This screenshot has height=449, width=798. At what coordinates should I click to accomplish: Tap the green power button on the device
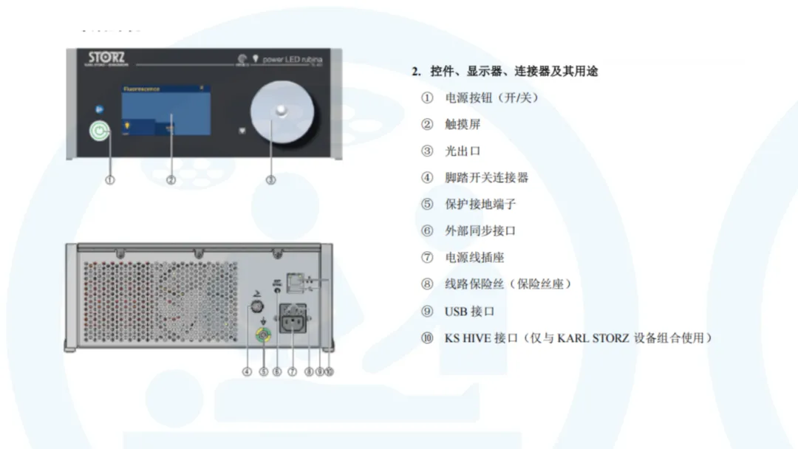(x=99, y=131)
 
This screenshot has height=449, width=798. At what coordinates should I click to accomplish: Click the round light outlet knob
(x=281, y=112)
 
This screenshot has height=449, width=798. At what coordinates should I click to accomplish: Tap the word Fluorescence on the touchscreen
(x=141, y=89)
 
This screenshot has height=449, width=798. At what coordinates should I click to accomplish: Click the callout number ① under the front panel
(x=110, y=179)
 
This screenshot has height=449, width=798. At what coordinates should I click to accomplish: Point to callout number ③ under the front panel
(x=270, y=179)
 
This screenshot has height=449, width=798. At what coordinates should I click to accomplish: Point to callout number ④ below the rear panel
(x=248, y=371)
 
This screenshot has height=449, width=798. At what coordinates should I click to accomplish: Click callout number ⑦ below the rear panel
(x=293, y=371)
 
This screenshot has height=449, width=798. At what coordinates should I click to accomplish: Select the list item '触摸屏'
(x=463, y=125)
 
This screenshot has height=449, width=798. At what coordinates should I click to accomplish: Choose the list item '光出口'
(x=463, y=151)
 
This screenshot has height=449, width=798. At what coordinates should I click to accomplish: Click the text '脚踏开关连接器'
(x=486, y=178)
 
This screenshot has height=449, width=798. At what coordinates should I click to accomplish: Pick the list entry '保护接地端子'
(x=480, y=205)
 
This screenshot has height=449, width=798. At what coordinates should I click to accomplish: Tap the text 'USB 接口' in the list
(x=469, y=312)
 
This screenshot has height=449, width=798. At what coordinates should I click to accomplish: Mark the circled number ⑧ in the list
(x=427, y=284)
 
